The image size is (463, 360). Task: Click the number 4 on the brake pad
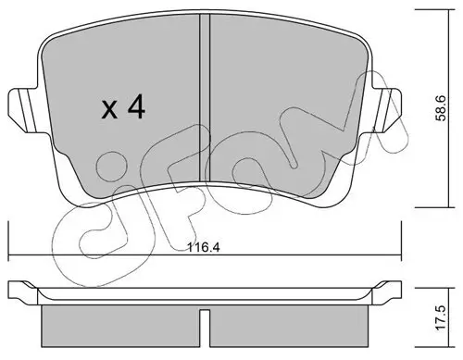[x=136, y=110]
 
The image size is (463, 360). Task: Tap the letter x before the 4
[x=109, y=112]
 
